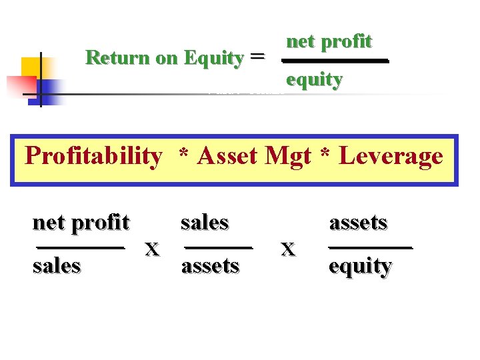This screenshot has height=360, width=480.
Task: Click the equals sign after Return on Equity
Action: [x=257, y=57]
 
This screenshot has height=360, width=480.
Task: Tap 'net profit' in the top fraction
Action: [x=329, y=41]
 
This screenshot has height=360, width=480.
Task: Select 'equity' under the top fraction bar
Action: [x=314, y=80]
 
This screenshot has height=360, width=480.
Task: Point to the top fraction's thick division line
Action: [x=335, y=61]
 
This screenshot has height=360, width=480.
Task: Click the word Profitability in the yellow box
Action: [x=93, y=156]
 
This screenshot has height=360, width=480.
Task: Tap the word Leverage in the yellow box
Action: [x=391, y=156]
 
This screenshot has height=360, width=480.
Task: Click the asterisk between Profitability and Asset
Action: [x=181, y=157]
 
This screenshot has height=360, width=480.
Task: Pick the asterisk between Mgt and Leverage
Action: [x=326, y=157]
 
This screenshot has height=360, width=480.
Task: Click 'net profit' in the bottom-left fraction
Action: [x=81, y=222]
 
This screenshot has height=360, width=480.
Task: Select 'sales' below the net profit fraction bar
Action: [x=57, y=265]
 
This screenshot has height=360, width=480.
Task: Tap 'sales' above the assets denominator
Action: [x=205, y=222]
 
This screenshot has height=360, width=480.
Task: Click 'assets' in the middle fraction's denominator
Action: [x=210, y=265]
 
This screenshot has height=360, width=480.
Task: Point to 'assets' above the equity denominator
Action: [x=358, y=222]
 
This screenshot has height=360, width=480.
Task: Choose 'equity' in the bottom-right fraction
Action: [x=360, y=266]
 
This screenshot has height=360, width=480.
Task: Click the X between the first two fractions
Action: [x=153, y=250]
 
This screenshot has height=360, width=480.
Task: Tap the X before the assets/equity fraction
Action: [x=288, y=250]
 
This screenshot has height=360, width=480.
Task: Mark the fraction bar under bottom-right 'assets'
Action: [x=371, y=247]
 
